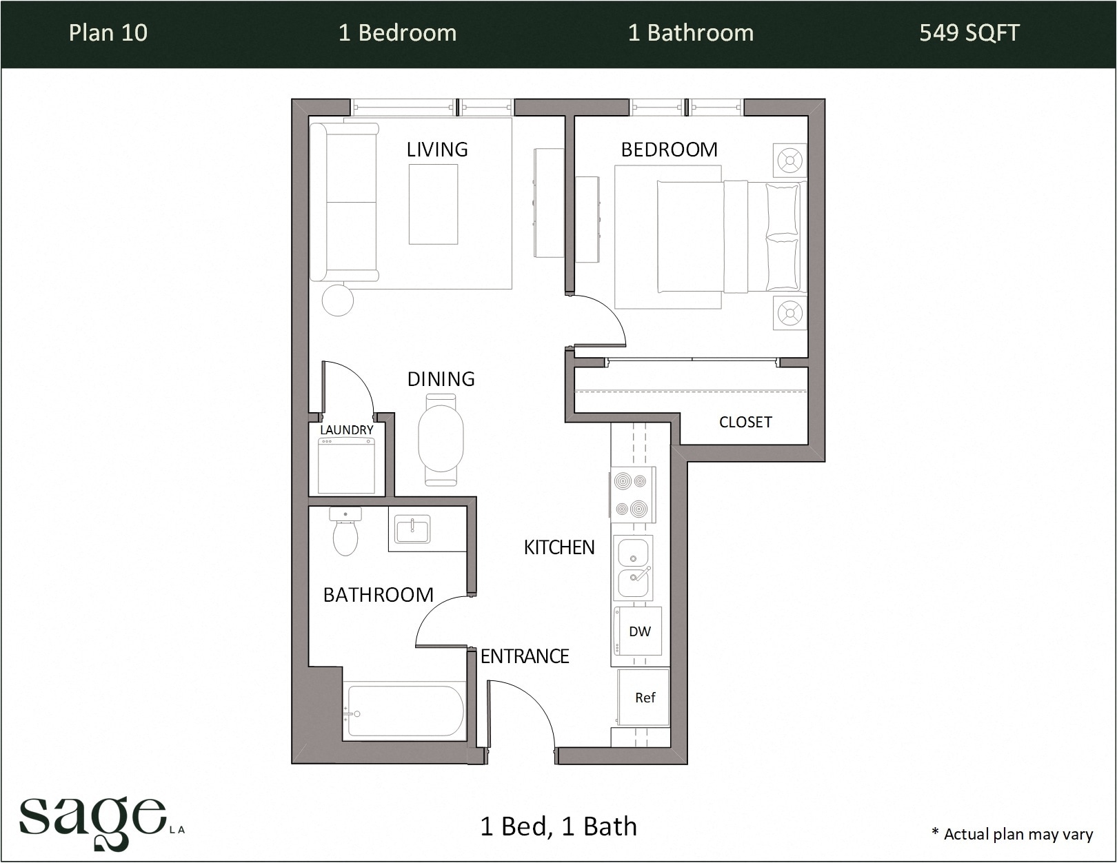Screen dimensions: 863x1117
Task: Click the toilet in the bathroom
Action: tap(345, 534)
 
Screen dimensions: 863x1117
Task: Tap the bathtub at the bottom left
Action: tap(405, 711)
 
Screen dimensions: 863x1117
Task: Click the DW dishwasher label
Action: tap(639, 631)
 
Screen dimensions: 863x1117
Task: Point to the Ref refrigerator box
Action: tap(644, 698)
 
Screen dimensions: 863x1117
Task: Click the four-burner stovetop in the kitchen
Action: tap(632, 494)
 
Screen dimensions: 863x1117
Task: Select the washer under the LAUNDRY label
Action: tap(345, 465)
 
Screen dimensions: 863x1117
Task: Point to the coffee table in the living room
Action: tap(433, 205)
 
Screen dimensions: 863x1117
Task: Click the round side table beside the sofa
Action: tap(338, 301)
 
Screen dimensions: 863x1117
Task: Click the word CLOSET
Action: tap(745, 422)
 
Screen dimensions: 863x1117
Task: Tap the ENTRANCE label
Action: tap(525, 656)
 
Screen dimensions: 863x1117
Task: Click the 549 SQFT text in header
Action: tap(969, 33)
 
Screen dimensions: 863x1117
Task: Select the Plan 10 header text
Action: tap(108, 33)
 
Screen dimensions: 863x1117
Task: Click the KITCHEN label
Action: tap(558, 547)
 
